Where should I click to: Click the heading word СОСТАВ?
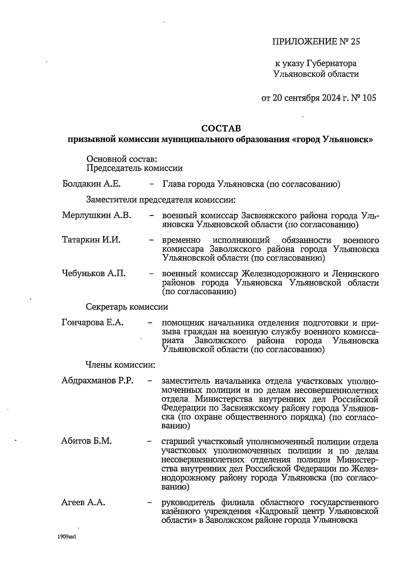coord(221,128)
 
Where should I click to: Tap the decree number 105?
coord(369,98)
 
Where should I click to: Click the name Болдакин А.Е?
coord(91,184)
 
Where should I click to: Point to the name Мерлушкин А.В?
coord(97,216)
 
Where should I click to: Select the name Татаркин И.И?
coord(91,240)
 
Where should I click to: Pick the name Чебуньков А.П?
coord(94,274)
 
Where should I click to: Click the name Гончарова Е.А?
coord(93,323)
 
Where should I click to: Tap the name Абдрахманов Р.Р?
coord(98,380)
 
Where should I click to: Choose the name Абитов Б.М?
coord(87,441)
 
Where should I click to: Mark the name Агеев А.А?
coord(83,502)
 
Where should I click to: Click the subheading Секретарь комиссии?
coord(127,307)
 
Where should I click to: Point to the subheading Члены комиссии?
coord(120,365)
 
